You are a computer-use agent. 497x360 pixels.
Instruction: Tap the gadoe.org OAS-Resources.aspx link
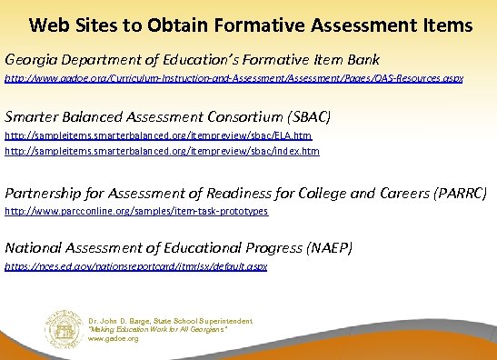click(x=234, y=79)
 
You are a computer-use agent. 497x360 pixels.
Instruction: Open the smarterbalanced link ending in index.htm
click(x=162, y=151)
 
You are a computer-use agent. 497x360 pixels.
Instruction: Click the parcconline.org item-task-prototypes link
click(x=136, y=211)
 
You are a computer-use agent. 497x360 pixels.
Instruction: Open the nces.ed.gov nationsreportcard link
click(x=135, y=266)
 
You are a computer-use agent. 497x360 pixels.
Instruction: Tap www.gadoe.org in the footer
click(x=114, y=338)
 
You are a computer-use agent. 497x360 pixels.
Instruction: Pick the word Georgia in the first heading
click(x=29, y=60)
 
